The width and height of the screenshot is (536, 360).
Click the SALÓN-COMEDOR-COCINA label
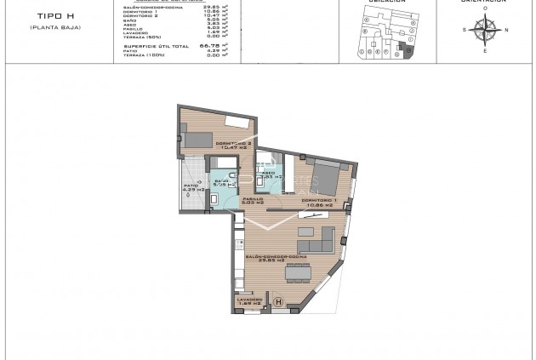(x=274, y=255)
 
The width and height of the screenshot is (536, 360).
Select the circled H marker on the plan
(x=277, y=300)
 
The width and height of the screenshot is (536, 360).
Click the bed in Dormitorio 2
(x=202, y=139)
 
